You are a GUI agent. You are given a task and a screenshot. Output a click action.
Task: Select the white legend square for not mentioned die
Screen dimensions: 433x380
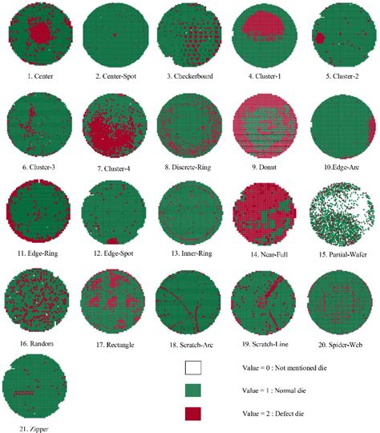point(192,369)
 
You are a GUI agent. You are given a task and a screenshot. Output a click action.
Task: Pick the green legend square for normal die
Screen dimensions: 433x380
point(192,391)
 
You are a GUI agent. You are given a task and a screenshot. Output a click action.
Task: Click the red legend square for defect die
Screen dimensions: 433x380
point(192,414)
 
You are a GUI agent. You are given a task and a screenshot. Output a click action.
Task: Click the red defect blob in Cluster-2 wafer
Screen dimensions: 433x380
point(320,38)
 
